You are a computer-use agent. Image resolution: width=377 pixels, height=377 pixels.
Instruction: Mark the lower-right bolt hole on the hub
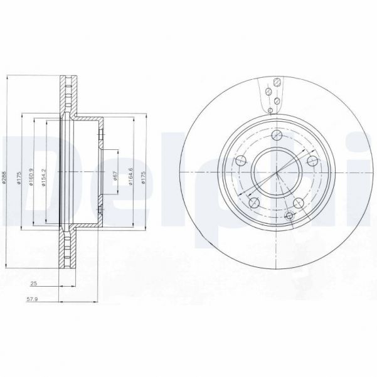pyautogui.click(x=299, y=203)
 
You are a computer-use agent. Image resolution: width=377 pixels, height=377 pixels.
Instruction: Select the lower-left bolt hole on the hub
pyautogui.click(x=254, y=203)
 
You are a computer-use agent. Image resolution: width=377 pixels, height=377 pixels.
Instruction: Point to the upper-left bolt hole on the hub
pyautogui.click(x=240, y=161)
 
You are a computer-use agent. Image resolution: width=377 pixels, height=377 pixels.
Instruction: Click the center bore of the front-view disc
pyautogui.click(x=276, y=173)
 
